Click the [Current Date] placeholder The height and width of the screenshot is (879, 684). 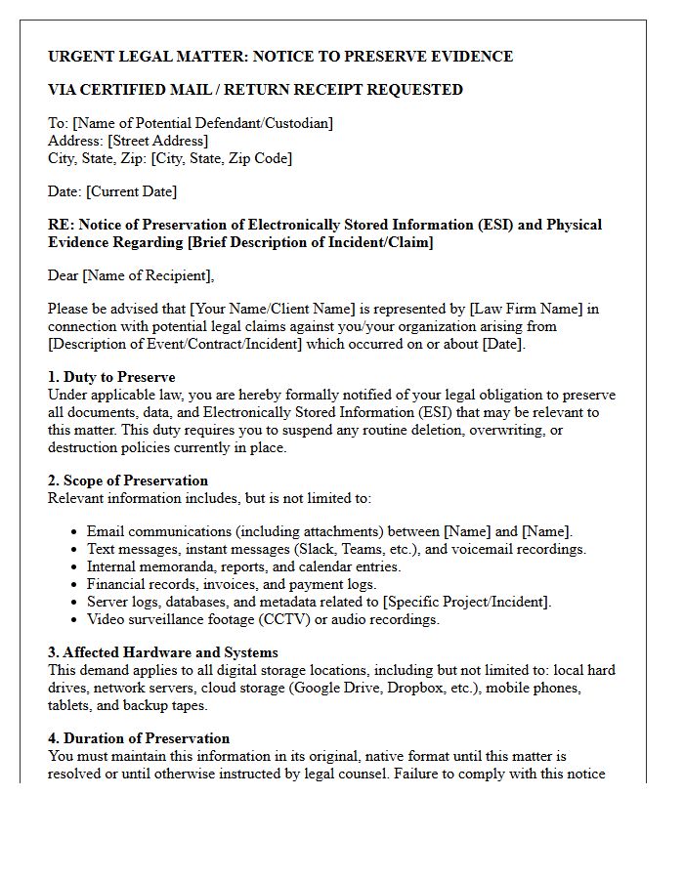pos(131,191)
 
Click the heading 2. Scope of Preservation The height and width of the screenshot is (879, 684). pos(128,481)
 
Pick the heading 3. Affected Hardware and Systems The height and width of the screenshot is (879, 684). pos(163,652)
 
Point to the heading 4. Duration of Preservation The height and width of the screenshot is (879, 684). pos(139,738)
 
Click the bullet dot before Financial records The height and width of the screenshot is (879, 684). pos(74,585)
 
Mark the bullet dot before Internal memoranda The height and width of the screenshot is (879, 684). pos(74,567)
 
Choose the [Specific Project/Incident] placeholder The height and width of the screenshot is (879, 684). pos(466,602)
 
